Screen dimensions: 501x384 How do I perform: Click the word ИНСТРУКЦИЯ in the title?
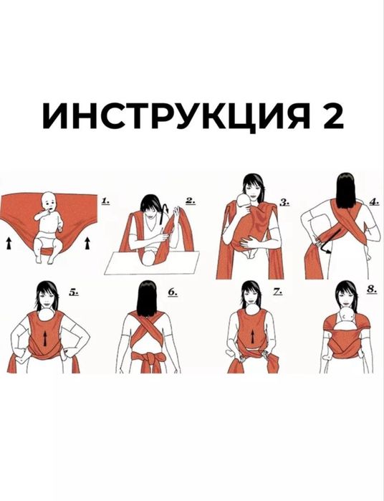[171, 115]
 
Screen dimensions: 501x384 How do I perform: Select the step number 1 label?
[105, 202]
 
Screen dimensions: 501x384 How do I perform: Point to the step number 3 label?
[284, 202]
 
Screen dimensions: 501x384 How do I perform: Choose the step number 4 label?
[374, 202]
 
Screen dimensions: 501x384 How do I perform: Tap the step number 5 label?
[74, 292]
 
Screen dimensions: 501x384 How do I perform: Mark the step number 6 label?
[173, 292]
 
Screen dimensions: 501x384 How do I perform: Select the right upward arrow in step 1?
[87, 244]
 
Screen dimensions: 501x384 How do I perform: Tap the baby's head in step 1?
[48, 203]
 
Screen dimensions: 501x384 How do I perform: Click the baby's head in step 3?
[243, 207]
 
